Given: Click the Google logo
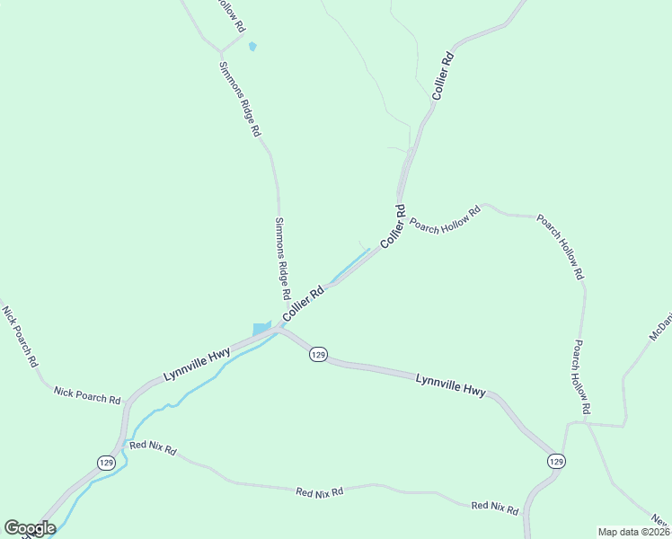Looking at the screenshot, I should (x=30, y=528).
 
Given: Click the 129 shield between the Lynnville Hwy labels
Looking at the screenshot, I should (x=318, y=355).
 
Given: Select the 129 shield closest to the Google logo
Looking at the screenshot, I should (x=106, y=462).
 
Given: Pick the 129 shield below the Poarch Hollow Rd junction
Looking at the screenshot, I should (x=555, y=461).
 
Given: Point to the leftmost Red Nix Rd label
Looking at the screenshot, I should (x=153, y=446).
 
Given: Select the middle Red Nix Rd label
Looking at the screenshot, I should (x=320, y=491).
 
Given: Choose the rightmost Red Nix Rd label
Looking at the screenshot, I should (x=495, y=508).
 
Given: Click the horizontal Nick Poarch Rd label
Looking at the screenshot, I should (x=87, y=394).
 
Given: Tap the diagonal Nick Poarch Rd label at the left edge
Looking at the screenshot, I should (x=20, y=337).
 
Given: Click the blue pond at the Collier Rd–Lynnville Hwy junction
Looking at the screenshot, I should (x=261, y=329).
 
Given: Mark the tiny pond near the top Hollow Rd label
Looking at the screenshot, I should (x=252, y=46).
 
